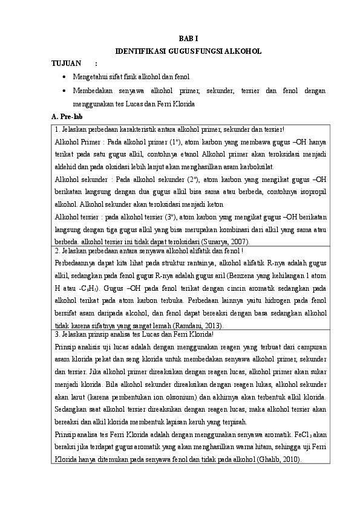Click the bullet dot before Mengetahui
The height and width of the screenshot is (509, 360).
pyautogui.click(x=64, y=78)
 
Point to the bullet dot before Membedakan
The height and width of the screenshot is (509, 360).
pyautogui.click(x=64, y=91)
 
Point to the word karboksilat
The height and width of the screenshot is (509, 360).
pyautogui.click(x=257, y=166)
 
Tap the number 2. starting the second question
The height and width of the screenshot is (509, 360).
pyautogui.click(x=56, y=251)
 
